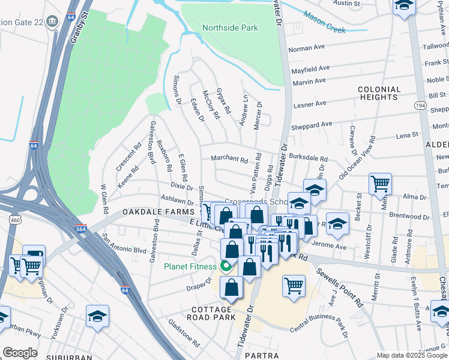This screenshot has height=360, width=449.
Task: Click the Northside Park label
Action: click(x=230, y=28)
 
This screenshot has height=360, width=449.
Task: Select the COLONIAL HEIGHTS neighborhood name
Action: click(x=379, y=93)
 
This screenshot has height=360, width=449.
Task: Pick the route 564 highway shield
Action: click(x=81, y=229)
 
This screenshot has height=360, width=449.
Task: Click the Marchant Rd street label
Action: click(x=229, y=160)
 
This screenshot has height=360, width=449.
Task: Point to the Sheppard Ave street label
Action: click(x=312, y=125)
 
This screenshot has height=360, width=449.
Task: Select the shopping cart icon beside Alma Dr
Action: click(x=380, y=184)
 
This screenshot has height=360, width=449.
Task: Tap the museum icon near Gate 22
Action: click(x=52, y=22)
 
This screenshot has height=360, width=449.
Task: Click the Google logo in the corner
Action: click(x=20, y=353)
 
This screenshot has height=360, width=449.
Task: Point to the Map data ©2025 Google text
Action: click(x=411, y=355)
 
